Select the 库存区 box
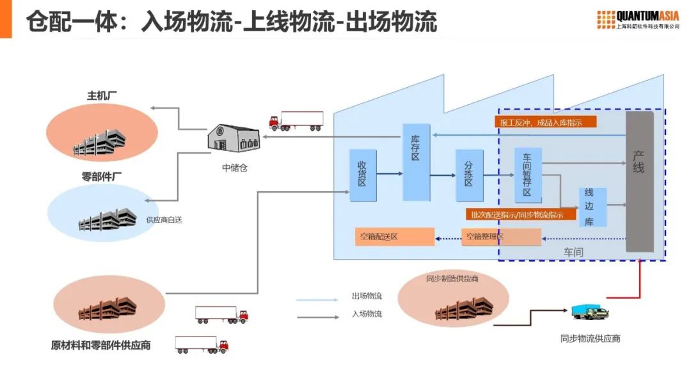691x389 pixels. coord(416,162)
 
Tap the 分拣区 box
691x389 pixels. coord(469,175)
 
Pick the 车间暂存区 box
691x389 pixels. coord(528,175)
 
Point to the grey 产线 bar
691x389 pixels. coord(639,182)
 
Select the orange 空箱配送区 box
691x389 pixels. coord(394,237)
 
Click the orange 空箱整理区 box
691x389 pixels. coord(501,237)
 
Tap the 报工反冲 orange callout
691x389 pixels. coord(546,122)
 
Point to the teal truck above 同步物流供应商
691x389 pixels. coord(589,312)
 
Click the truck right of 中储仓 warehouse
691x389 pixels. coord(296,121)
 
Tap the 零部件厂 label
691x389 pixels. coord(102,177)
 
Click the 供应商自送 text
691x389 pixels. coord(164,219)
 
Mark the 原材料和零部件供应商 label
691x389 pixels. coord(101,345)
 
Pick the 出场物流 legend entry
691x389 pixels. coord(367,296)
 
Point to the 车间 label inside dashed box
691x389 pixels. coord(573,252)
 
